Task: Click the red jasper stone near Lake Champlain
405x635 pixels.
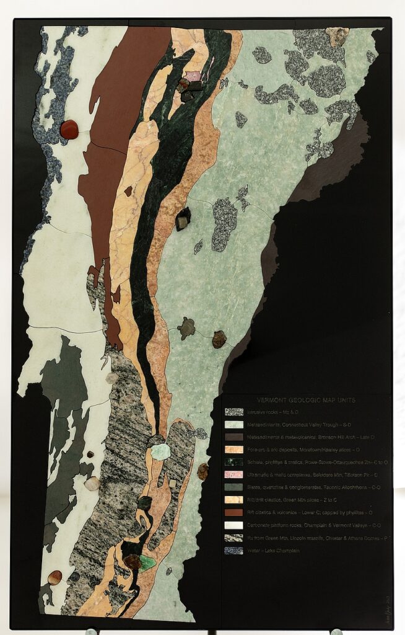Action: pyautogui.click(x=69, y=129)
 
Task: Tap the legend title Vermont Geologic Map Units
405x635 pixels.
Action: pyautogui.click(x=306, y=401)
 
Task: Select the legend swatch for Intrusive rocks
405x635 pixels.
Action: pyautogui.click(x=233, y=412)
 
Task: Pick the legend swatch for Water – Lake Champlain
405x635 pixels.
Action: pyautogui.click(x=233, y=551)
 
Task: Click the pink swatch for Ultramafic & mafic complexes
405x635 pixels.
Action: pyautogui.click(x=233, y=475)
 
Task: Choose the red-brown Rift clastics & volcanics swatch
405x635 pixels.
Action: pyautogui.click(x=233, y=513)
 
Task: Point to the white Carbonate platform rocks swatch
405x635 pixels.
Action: pyautogui.click(x=233, y=525)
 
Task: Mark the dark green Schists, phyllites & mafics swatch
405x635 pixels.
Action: pyautogui.click(x=233, y=462)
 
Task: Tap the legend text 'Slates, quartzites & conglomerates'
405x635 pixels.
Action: pyautogui.click(x=297, y=487)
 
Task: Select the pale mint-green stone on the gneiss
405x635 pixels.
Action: pyautogui.click(x=160, y=452)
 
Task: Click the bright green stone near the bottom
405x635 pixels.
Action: pyautogui.click(x=147, y=563)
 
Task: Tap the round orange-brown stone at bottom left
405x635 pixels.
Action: pyautogui.click(x=55, y=577)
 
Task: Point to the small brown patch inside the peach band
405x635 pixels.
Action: pyautogui.click(x=128, y=192)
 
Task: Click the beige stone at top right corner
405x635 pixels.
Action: pyautogui.click(x=337, y=36)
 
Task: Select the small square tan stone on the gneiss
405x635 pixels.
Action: pyautogui.click(x=172, y=483)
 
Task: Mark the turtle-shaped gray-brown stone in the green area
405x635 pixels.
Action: pyautogui.click(x=186, y=328)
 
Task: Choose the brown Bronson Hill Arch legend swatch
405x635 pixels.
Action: pyautogui.click(x=233, y=437)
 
